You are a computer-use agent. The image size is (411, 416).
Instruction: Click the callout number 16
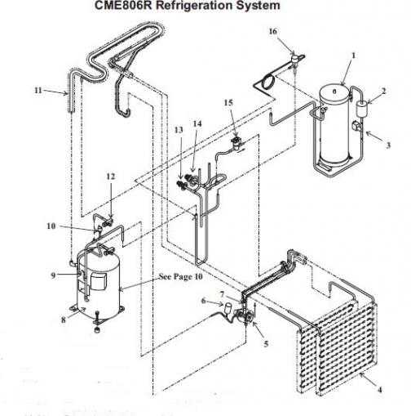(x=272, y=32)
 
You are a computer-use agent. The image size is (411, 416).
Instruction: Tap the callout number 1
(x=353, y=56)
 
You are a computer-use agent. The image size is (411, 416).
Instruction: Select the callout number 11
(x=38, y=90)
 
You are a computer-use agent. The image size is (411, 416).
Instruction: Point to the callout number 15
(x=228, y=103)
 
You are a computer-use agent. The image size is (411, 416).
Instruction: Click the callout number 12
(x=111, y=177)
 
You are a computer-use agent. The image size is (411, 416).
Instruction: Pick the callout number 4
(x=380, y=390)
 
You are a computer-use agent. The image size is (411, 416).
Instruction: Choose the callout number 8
(x=64, y=320)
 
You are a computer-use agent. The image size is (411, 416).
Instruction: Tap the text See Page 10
(x=181, y=277)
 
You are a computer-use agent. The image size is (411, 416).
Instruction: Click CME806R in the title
(x=124, y=6)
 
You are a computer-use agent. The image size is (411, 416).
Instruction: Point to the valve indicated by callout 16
(x=294, y=59)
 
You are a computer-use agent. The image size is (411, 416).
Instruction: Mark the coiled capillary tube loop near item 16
(x=267, y=82)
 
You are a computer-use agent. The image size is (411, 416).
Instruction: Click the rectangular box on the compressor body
(x=99, y=282)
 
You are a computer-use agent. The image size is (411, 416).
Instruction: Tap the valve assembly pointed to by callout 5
(x=244, y=316)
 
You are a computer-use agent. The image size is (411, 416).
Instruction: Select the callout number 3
(x=388, y=145)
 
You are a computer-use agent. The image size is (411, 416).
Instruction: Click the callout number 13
(x=179, y=130)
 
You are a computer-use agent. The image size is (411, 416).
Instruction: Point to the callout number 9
(x=53, y=275)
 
